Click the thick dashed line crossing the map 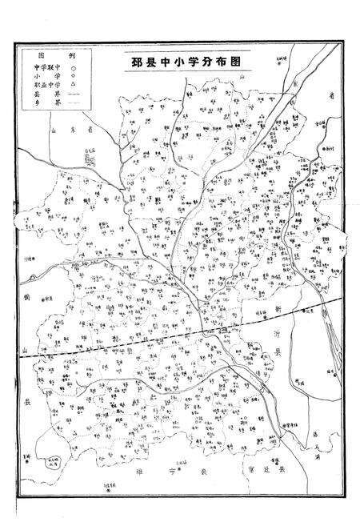(120, 344)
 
